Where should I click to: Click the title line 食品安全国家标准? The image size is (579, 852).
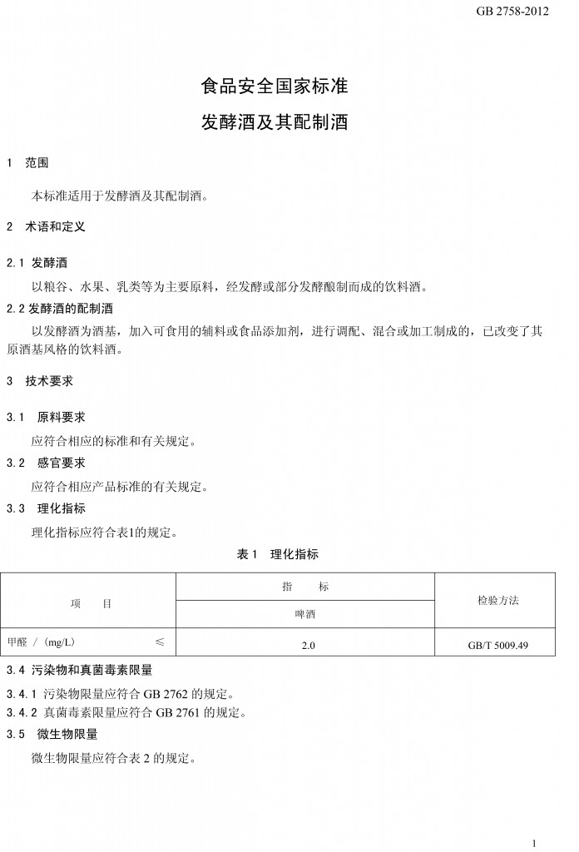point(275,87)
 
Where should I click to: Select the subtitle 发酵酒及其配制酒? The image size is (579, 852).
point(275,123)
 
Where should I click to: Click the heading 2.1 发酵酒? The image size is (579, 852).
point(42,263)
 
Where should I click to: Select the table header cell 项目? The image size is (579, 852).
point(91,603)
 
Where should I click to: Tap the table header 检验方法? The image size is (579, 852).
point(497,601)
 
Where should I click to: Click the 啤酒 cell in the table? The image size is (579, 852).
point(305,616)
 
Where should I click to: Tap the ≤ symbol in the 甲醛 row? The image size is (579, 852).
point(160,642)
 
